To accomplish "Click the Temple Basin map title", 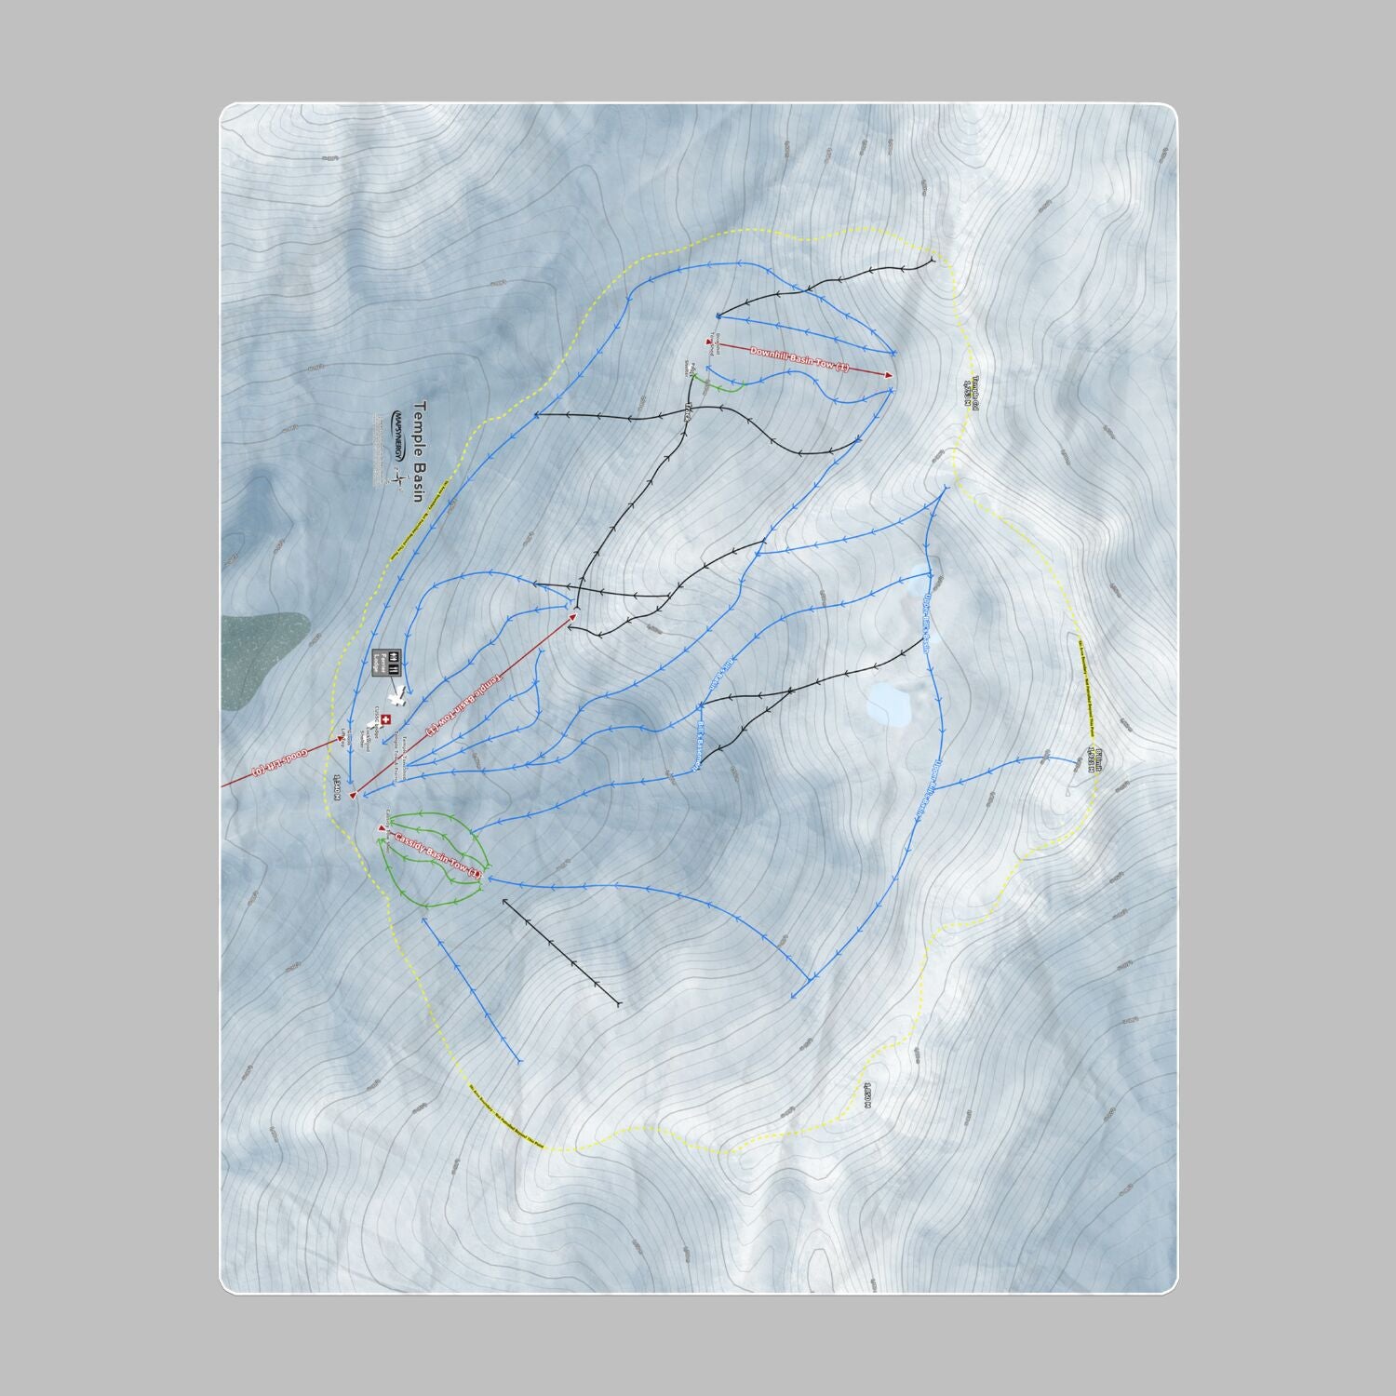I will pyautogui.click(x=418, y=451).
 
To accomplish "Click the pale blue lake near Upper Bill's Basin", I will pyautogui.click(x=889, y=705).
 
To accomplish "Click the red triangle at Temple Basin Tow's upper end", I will pyautogui.click(x=574, y=614).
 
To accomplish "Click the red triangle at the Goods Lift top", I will pyautogui.click(x=341, y=738).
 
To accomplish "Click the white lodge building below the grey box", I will pyautogui.click(x=398, y=696).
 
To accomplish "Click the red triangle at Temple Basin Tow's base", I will pyautogui.click(x=354, y=795).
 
